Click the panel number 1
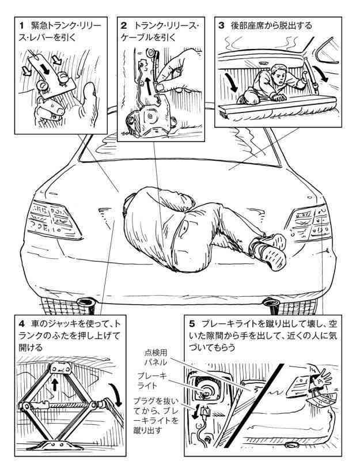(21, 26)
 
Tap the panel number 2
(123, 26)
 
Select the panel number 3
(221, 25)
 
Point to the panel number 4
(21, 324)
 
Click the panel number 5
(192, 324)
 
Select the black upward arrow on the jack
(55, 384)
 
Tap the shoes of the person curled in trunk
(268, 249)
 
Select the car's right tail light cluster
(310, 223)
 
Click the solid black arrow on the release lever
(45, 69)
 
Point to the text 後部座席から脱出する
(271, 25)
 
